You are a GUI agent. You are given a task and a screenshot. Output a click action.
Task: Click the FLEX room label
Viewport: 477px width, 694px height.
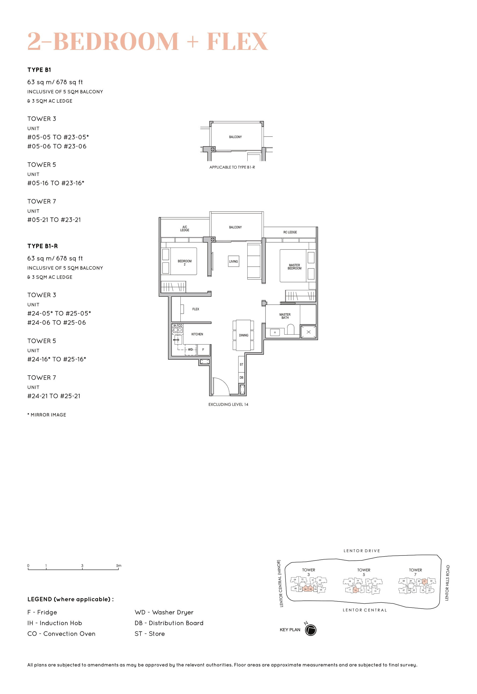(196, 309)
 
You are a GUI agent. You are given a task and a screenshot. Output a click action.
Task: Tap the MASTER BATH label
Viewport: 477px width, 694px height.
(284, 316)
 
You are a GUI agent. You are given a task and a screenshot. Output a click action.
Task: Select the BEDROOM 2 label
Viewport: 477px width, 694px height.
(185, 262)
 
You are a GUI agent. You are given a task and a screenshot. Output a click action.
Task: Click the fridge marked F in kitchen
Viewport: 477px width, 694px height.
(203, 349)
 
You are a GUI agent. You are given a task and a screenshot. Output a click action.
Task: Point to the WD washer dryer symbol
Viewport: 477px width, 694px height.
(190, 349)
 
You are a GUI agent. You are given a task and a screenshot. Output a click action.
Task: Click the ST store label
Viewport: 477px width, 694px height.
(241, 364)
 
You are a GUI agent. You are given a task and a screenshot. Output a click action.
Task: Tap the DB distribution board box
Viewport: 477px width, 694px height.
(241, 378)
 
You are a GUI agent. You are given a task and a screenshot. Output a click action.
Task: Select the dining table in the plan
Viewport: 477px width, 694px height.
(243, 335)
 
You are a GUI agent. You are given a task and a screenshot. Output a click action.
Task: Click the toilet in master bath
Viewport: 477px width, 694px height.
(290, 329)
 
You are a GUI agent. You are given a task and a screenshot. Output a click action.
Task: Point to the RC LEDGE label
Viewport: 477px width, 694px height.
(290, 232)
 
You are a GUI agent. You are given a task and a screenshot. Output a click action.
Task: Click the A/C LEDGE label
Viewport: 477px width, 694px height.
(185, 229)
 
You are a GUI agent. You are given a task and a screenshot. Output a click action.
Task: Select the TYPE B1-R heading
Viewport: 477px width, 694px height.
(42, 246)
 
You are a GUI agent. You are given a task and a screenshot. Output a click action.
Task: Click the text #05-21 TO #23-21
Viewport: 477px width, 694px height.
(54, 220)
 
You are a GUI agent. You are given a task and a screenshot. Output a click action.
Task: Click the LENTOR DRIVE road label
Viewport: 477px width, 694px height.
(361, 551)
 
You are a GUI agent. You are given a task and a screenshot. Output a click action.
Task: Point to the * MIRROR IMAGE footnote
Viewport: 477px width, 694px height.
(47, 414)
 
